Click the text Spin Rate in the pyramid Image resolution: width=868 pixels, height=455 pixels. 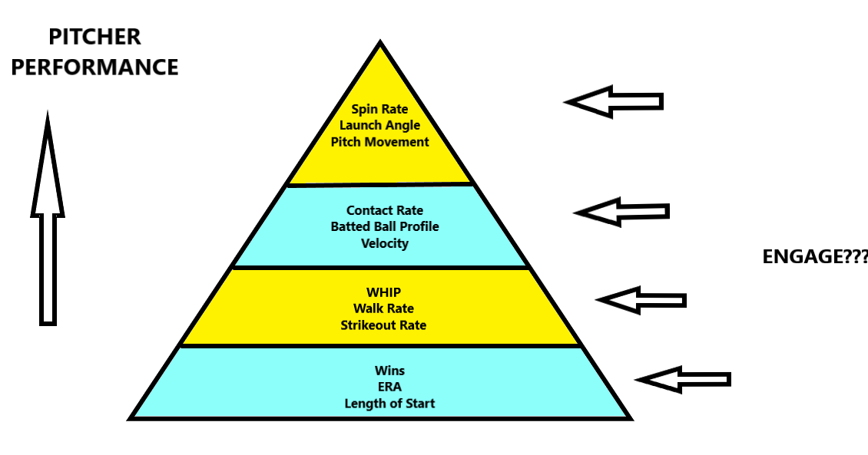coord(379,110)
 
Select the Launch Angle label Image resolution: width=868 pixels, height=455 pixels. coord(379,126)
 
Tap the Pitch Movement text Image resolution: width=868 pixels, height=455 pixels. coord(379,142)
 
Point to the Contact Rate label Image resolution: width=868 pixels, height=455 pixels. coord(384,210)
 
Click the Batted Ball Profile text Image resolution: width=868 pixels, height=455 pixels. coord(384,226)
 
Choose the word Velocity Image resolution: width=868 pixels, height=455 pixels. coord(384,243)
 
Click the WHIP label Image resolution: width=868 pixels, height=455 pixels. coord(383,292)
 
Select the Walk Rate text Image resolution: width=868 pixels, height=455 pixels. coord(383,308)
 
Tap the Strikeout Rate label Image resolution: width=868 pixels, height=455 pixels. coord(383,325)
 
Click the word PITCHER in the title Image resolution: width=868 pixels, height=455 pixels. coord(94,37)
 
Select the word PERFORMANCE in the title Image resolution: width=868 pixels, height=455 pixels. coord(94,67)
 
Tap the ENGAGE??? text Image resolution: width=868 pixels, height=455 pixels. coord(815,257)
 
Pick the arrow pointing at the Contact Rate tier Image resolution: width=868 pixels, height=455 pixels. coord(621,211)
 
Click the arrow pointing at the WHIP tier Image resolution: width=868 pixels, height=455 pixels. coord(641,299)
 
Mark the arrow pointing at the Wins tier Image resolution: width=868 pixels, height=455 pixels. coord(683,379)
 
